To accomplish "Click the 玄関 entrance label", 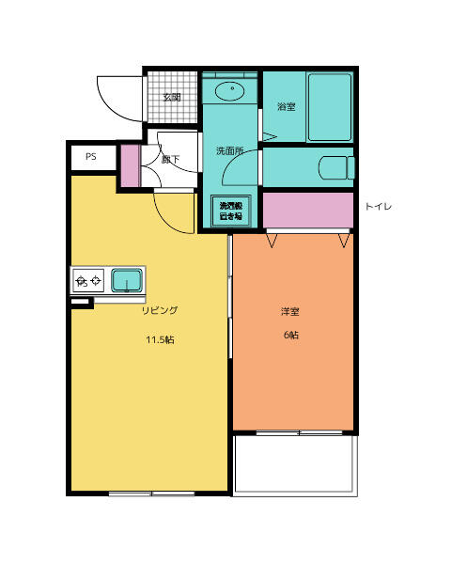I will tap(172, 97).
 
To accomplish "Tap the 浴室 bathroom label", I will tap(286, 106).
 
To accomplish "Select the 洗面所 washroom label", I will tap(229, 150).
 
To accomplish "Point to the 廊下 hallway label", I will tap(171, 159).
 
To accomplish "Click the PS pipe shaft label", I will tap(91, 157).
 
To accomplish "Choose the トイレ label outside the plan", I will tap(378, 205).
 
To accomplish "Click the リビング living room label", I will tap(160, 310).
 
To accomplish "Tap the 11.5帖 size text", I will tap(160, 340).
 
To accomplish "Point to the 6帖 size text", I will tap(291, 336).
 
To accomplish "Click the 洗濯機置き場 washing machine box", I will tap(231, 211).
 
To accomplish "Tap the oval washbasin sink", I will tap(229, 91).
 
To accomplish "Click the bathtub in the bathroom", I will tap(329, 106).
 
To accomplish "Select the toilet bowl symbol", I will tap(337, 168).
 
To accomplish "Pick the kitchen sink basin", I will tap(127, 280).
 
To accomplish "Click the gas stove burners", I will tap(88, 280).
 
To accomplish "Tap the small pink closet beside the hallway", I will tap(130, 166).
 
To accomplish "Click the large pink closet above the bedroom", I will tap(307, 209).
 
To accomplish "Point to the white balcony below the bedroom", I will tap(295, 463).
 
